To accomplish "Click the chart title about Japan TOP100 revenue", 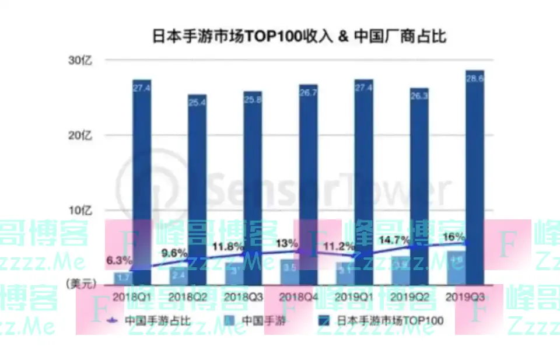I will pyautogui.click(x=299, y=36).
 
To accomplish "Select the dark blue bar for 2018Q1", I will pyautogui.click(x=142, y=175).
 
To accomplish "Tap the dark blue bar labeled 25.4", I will pyautogui.click(x=197, y=187).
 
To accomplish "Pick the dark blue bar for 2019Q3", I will pyautogui.click(x=475, y=175).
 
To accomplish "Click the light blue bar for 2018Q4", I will pyautogui.click(x=290, y=273).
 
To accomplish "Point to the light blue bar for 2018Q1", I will pyautogui.click(x=123, y=278).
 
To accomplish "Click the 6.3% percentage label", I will pyautogui.click(x=119, y=260).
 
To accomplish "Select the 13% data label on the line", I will pyautogui.click(x=288, y=243).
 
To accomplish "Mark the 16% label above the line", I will pyautogui.click(x=454, y=237).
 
